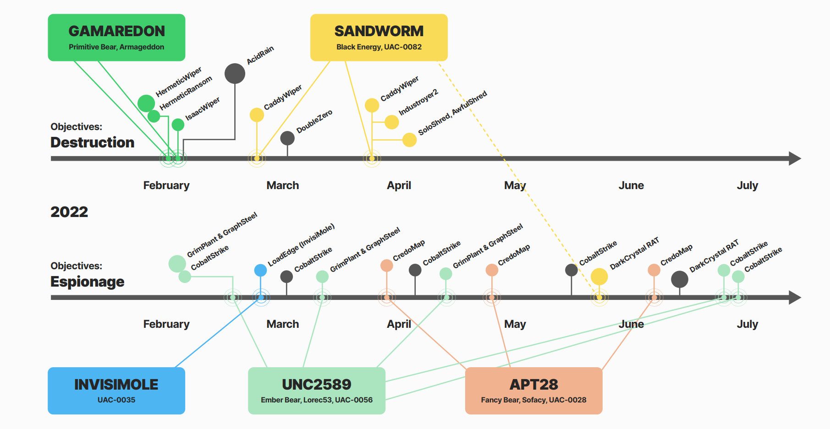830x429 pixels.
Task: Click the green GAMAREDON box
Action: pyautogui.click(x=116, y=38)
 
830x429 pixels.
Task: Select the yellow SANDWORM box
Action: pyautogui.click(x=379, y=38)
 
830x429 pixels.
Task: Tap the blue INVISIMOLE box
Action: pyautogui.click(x=116, y=391)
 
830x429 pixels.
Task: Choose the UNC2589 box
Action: pyautogui.click(x=317, y=391)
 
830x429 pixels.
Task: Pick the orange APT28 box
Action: pyautogui.click(x=533, y=391)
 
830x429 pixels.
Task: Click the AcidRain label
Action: pyautogui.click(x=260, y=55)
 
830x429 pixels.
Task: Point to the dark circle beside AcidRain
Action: pyautogui.click(x=235, y=74)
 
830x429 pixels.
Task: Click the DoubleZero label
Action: pyautogui.click(x=314, y=121)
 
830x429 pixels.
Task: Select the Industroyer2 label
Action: pyautogui.click(x=418, y=102)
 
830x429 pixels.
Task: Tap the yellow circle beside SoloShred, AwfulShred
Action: pyautogui.click(x=409, y=140)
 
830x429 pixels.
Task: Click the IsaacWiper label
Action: pyautogui.click(x=203, y=109)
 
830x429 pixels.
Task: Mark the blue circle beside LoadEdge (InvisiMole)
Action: pyautogui.click(x=260, y=270)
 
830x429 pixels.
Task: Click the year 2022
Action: pyautogui.click(x=69, y=212)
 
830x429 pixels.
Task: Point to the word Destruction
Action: pyautogui.click(x=92, y=142)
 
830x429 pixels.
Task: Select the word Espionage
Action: pyautogui.click(x=87, y=282)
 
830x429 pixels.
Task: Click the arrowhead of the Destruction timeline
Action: pyautogui.click(x=795, y=158)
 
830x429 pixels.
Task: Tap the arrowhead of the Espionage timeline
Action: pyautogui.click(x=795, y=298)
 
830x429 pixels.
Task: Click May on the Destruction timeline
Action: pyautogui.click(x=515, y=185)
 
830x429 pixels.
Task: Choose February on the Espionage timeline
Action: pyautogui.click(x=166, y=324)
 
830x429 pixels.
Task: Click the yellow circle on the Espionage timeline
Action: pyautogui.click(x=599, y=277)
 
